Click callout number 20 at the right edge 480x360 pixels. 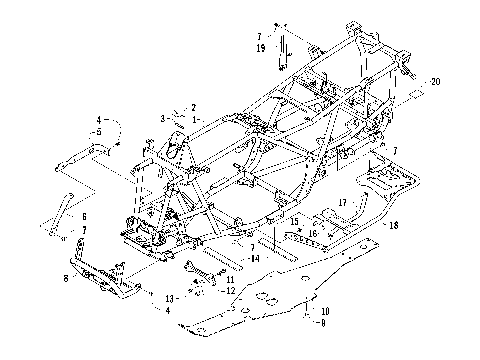tap(434, 80)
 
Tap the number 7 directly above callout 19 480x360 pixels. tap(259, 36)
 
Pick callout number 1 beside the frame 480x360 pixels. tap(194, 119)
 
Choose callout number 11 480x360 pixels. tap(230, 279)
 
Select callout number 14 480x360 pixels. tap(256, 259)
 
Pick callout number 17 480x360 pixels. tap(341, 203)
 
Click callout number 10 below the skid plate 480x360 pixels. tap(324, 312)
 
